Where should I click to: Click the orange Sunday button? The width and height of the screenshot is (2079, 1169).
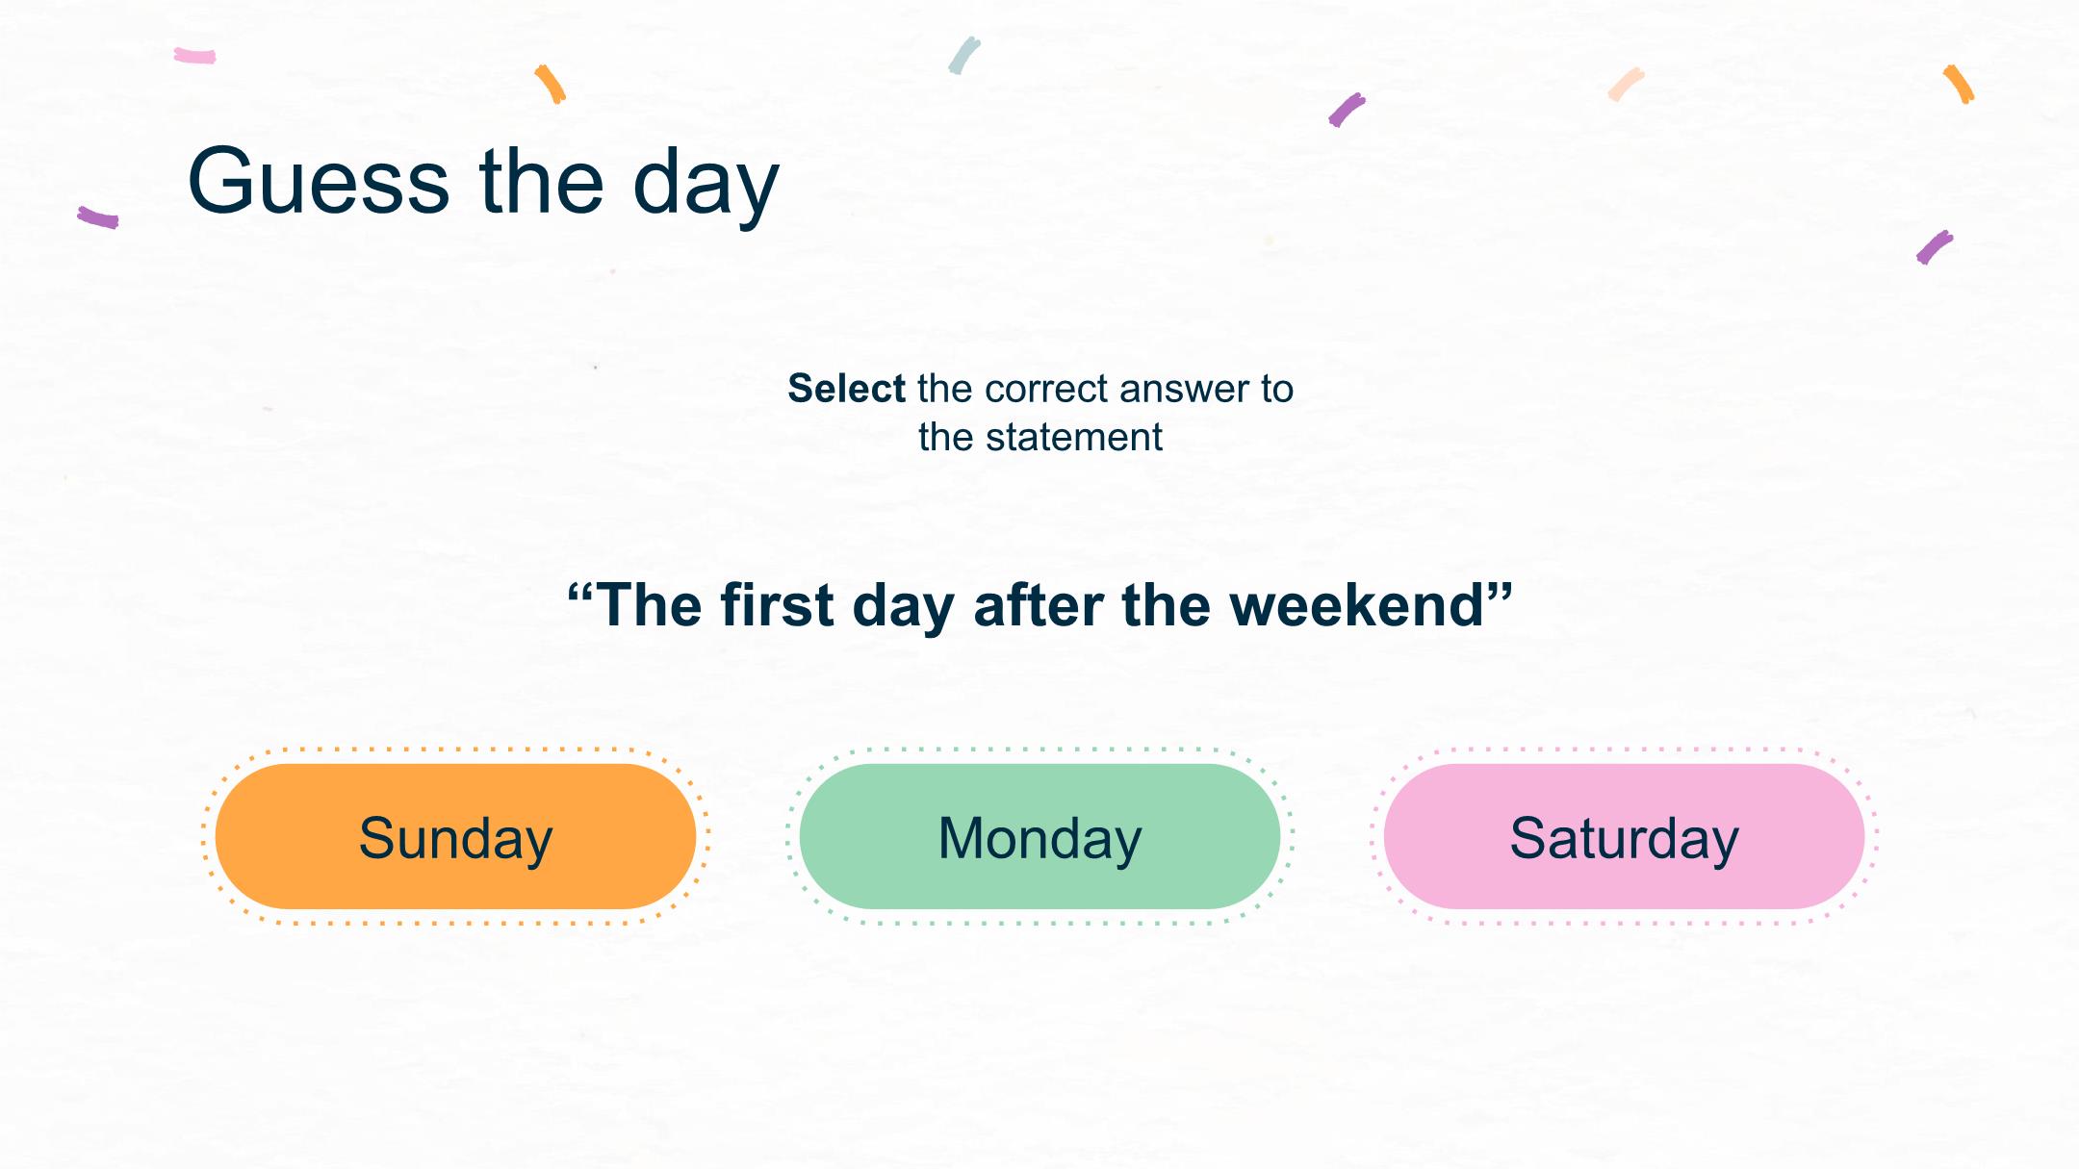pyautogui.click(x=455, y=836)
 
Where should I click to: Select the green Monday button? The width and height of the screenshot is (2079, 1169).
pyautogui.click(x=1039, y=836)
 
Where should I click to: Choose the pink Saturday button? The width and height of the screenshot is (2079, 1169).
pyautogui.click(x=1624, y=836)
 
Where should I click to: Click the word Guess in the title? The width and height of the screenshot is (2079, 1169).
pyautogui.click(x=319, y=181)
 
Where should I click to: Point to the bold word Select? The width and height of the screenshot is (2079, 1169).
pyautogui.click(x=847, y=389)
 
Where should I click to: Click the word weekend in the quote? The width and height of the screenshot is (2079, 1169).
pyautogui.click(x=1357, y=605)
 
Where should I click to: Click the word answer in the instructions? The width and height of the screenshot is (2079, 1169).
pyautogui.click(x=1183, y=390)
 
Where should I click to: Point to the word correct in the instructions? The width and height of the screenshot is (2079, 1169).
pyautogui.click(x=1046, y=390)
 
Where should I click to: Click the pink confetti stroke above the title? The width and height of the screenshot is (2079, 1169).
pyautogui.click(x=194, y=56)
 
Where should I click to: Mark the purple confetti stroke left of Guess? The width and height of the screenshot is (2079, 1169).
pyautogui.click(x=98, y=217)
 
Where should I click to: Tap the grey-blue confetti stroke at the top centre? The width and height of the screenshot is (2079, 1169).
pyautogui.click(x=963, y=56)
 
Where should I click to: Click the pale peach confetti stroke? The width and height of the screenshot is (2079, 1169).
pyautogui.click(x=1626, y=84)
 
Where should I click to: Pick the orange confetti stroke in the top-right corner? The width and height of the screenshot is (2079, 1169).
pyautogui.click(x=1959, y=84)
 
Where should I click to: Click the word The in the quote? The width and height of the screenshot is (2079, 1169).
pyautogui.click(x=650, y=605)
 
